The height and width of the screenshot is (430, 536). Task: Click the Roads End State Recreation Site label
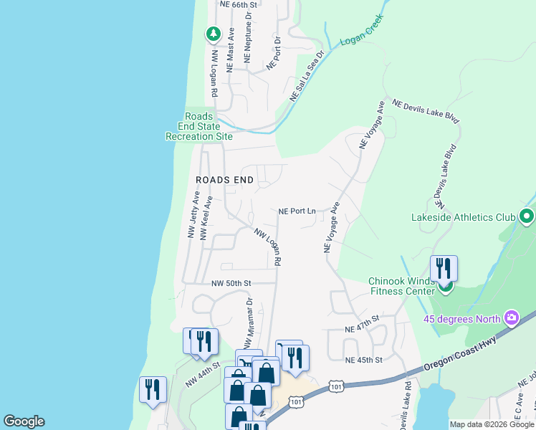[x=199, y=126]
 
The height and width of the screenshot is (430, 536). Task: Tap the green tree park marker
[x=213, y=33]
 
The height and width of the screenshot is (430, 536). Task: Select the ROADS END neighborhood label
[x=225, y=180]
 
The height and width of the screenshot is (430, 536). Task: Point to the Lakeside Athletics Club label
[x=464, y=217]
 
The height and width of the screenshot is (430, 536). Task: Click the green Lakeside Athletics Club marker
[x=527, y=216]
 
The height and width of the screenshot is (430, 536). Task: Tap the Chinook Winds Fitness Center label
[x=402, y=286]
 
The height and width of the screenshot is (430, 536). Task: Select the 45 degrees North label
[x=461, y=319]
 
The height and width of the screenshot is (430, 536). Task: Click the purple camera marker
[x=511, y=317]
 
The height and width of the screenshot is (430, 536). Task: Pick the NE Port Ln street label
[x=297, y=211]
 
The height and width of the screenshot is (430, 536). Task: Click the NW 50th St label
[x=231, y=283]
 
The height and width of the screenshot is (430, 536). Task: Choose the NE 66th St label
[x=239, y=4]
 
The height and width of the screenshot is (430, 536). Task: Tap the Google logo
[x=24, y=421]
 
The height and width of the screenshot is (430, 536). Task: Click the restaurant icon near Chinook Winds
[x=444, y=269]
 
